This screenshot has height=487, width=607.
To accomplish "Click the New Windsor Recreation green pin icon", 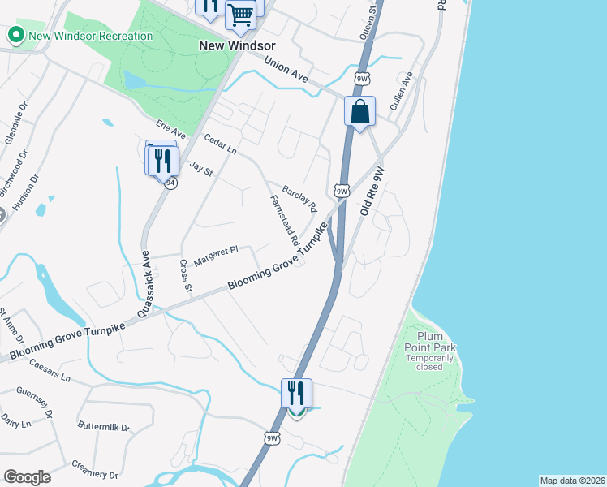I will pyautogui.click(x=15, y=36).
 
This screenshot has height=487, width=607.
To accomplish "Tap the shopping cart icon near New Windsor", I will pyautogui.click(x=240, y=14).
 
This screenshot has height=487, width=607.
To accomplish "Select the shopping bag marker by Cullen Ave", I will pyautogui.click(x=360, y=111).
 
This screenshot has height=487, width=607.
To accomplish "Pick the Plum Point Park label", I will pyautogui.click(x=437, y=347).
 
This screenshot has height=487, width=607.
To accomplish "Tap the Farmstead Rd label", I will pyautogui.click(x=284, y=220).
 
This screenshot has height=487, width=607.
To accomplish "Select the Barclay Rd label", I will pyautogui.click(x=299, y=196).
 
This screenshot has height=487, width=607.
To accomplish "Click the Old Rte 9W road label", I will pyautogui.click(x=371, y=190).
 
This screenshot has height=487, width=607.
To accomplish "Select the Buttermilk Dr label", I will pyautogui.click(x=104, y=426).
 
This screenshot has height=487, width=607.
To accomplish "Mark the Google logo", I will pyautogui.click(x=27, y=477).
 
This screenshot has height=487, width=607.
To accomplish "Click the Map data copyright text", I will pyautogui.click(x=571, y=481).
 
